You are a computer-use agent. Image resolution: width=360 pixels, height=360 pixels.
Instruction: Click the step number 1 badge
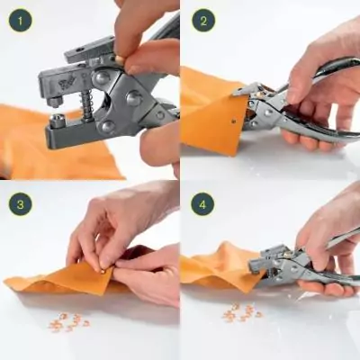point(20,20)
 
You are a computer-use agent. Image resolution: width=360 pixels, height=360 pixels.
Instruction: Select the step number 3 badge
point(20,203)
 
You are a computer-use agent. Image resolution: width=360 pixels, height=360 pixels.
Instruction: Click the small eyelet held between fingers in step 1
point(118,59)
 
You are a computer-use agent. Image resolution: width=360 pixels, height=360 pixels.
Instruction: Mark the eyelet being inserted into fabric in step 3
point(97,264)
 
